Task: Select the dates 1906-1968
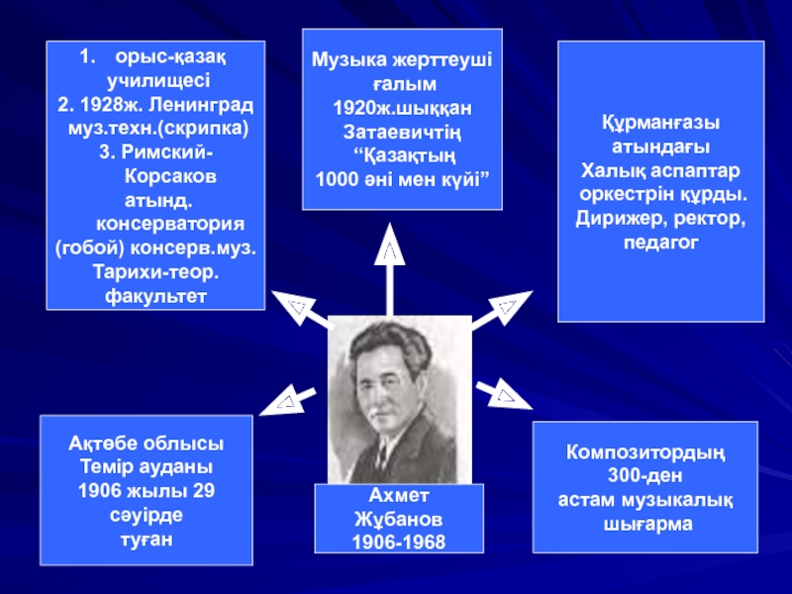[399, 542]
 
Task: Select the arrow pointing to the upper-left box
[303, 311]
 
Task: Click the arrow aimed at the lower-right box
[504, 393]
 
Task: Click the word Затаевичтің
[402, 132]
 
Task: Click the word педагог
[660, 241]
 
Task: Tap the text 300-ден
[645, 475]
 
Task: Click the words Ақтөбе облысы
[146, 443]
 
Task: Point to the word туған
[146, 538]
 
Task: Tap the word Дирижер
[613, 217]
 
